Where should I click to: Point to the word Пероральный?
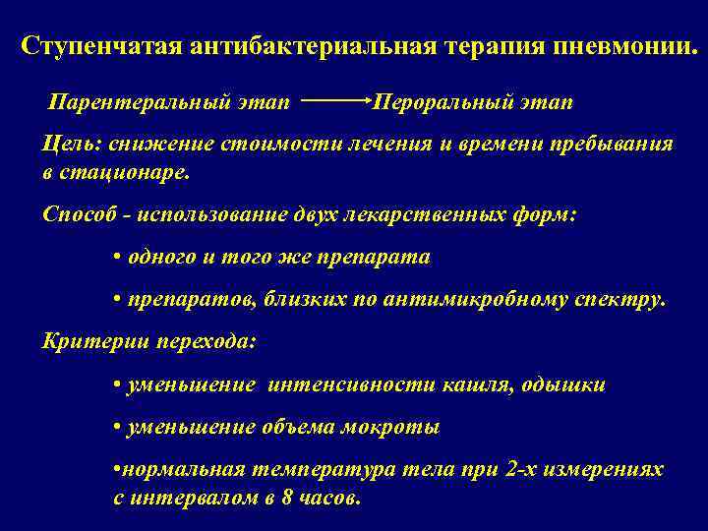(x=428, y=102)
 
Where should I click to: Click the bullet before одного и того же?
(x=117, y=258)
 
